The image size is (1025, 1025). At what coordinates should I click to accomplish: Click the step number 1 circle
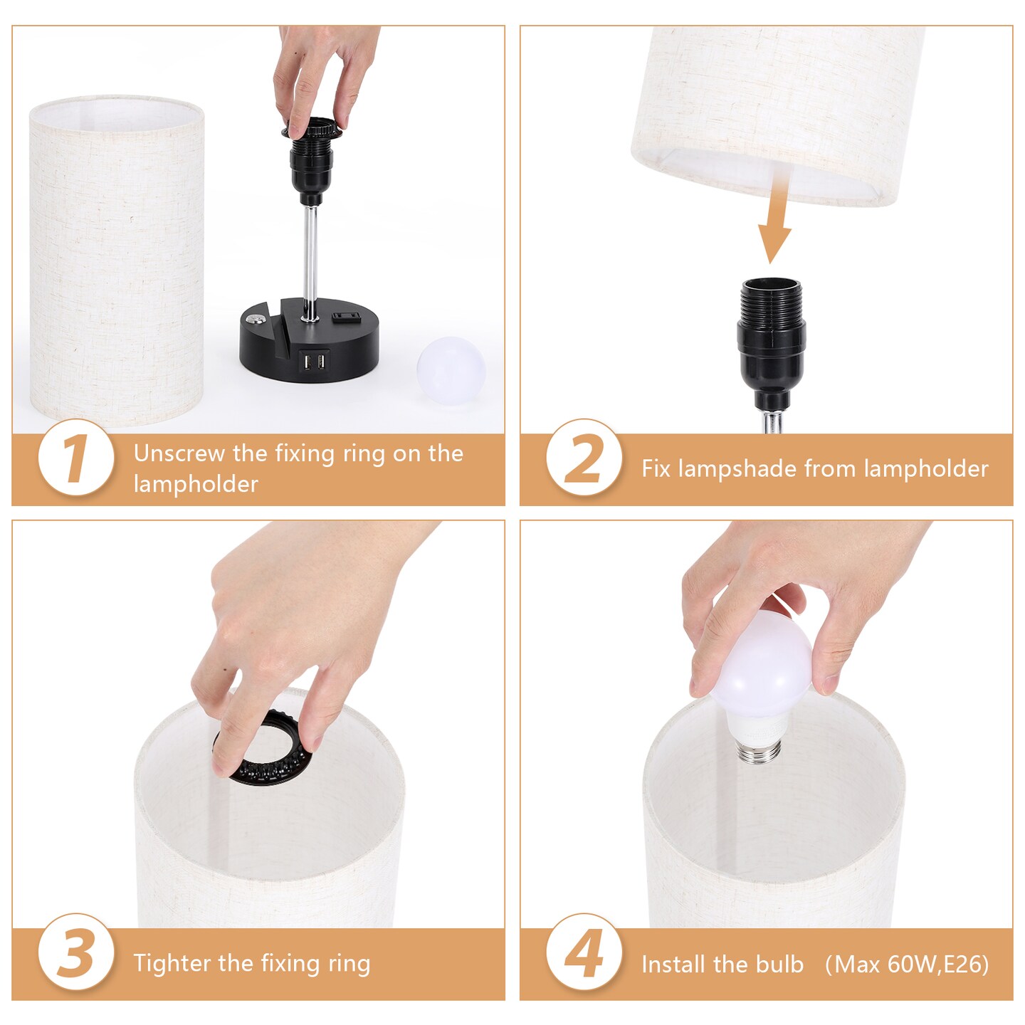pos(75,458)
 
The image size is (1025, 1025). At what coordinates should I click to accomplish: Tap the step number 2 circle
pos(584,458)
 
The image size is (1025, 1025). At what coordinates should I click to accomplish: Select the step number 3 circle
pos(75,953)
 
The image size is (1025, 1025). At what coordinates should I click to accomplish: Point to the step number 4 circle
pos(584,953)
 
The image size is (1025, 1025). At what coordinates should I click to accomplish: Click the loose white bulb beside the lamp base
pos(450,370)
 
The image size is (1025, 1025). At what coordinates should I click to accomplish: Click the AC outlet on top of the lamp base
pos(348,316)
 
